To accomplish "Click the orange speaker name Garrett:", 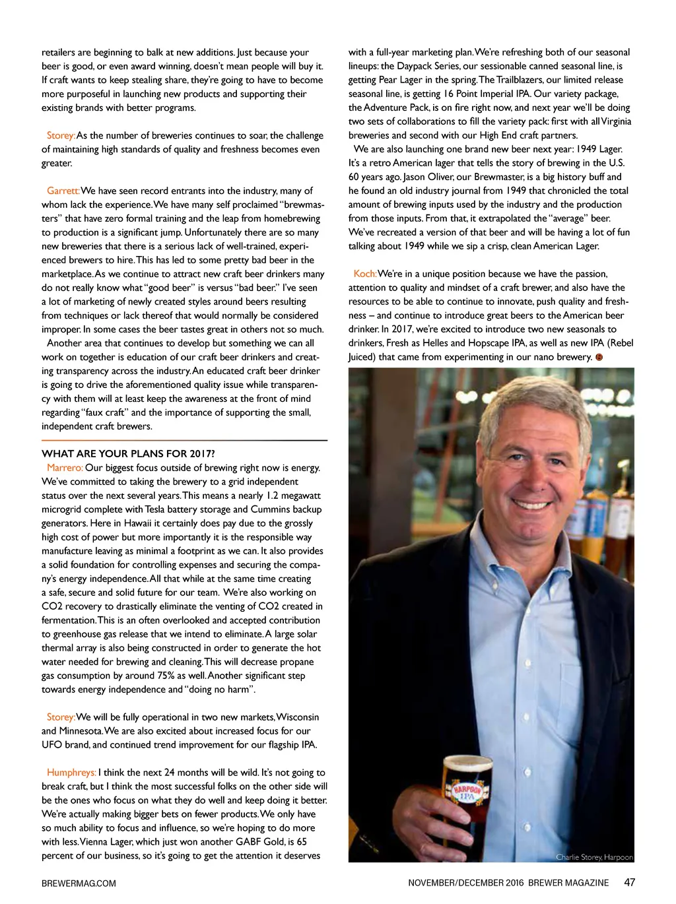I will [x=63, y=191].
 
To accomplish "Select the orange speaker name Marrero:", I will [x=65, y=468].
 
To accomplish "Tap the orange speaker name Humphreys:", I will [x=71, y=773].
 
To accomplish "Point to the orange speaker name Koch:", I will [x=365, y=274].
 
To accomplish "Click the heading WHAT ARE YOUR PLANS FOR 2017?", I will [x=128, y=453].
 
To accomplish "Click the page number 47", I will [x=629, y=882].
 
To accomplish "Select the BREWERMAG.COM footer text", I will [x=79, y=883].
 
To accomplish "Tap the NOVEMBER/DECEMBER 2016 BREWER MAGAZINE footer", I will [x=508, y=883].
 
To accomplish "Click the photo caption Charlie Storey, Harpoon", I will [x=594, y=857].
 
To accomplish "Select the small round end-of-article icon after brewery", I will [x=599, y=357].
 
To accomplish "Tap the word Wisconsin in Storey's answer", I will [x=298, y=717].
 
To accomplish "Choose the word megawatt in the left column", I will [x=300, y=496].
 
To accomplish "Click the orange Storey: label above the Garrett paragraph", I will [x=61, y=135].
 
